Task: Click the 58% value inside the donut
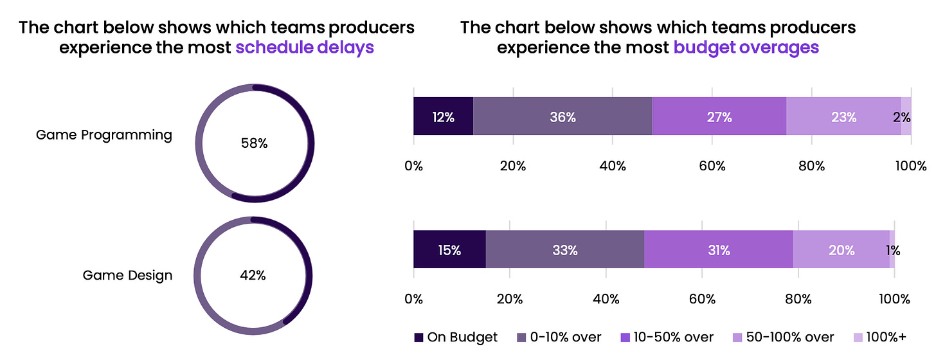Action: point(254,143)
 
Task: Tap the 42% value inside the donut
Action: point(253,275)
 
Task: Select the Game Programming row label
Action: point(104,135)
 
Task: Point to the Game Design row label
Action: point(127,275)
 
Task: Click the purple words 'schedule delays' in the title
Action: point(305,48)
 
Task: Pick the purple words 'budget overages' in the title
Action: point(746,48)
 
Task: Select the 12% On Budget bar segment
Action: point(443,117)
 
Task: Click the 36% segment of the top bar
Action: point(562,117)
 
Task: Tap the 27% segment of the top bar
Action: point(719,117)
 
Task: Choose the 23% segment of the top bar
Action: point(843,117)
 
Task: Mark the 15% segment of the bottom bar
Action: point(449,250)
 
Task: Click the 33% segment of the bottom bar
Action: point(564,250)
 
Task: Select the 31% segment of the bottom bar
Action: point(718,250)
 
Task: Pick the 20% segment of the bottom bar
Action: point(842,250)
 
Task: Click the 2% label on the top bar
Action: point(901,117)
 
